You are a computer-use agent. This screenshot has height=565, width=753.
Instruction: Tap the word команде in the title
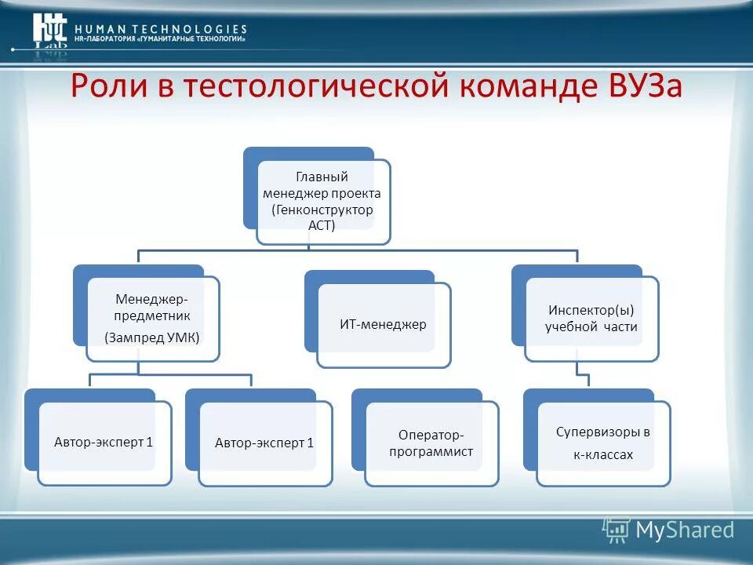[521, 87]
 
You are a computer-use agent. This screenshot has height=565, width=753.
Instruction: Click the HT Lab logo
[49, 31]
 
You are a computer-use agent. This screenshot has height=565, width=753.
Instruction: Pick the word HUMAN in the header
[100, 29]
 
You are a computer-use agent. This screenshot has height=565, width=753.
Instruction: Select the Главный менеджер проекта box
[323, 202]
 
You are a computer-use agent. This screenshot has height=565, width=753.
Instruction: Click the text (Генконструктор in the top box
[322, 210]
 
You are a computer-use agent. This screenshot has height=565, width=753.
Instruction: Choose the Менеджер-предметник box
[153, 318]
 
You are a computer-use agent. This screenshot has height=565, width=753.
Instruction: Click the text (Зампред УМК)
[153, 337]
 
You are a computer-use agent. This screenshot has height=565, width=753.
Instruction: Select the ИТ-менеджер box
[384, 324]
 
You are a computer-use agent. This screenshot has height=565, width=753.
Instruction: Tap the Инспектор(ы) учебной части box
[591, 319]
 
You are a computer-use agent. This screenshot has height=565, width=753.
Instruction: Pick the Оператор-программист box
[431, 443]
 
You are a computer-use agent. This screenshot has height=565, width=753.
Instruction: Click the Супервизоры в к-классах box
[603, 443]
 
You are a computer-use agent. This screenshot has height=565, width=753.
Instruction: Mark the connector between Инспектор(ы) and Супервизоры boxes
[582, 374]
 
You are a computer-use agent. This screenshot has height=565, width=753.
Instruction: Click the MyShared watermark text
[685, 530]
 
